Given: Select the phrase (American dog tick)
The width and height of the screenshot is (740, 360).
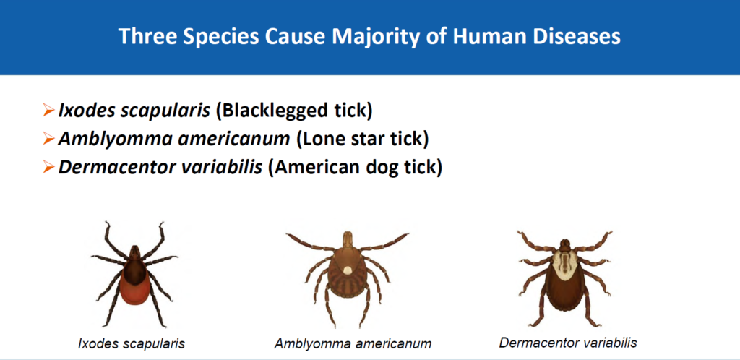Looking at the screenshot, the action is (355, 167).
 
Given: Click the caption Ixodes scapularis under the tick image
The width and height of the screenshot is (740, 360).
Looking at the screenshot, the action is (132, 344).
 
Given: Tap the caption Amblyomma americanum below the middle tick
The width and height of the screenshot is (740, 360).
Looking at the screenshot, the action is (353, 344).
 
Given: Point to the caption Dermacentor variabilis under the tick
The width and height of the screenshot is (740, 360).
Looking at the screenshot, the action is (568, 342).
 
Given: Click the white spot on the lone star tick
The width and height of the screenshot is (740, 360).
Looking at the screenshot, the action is (348, 270).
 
